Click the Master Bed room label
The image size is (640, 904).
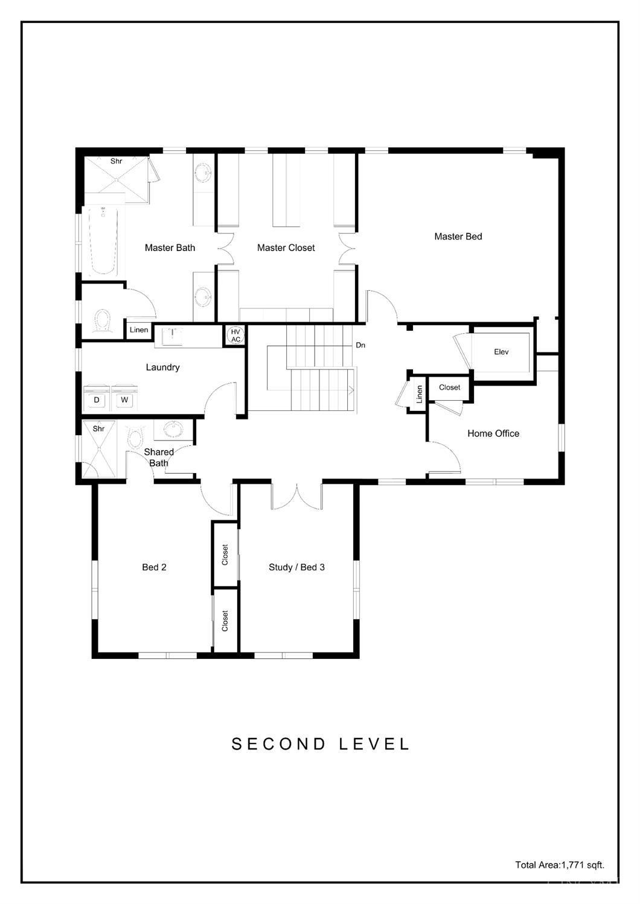pyautogui.click(x=458, y=237)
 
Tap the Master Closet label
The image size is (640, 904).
pyautogui.click(x=286, y=247)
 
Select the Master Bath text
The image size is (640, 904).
pyautogui.click(x=170, y=247)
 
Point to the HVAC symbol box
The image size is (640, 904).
pyautogui.click(x=235, y=336)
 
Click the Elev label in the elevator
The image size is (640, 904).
pyautogui.click(x=501, y=352)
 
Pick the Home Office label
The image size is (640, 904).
pyautogui.click(x=493, y=433)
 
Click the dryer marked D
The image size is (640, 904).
pyautogui.click(x=97, y=399)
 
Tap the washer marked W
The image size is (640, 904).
pyautogui.click(x=124, y=399)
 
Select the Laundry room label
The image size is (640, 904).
pyautogui.click(x=162, y=367)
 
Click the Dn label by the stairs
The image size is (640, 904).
pyautogui.click(x=360, y=345)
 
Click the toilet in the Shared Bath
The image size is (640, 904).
pyautogui.click(x=135, y=438)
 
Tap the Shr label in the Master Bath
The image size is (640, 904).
pyautogui.click(x=116, y=161)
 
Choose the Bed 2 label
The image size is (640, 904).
pyautogui.click(x=154, y=567)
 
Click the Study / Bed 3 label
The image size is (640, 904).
pyautogui.click(x=296, y=567)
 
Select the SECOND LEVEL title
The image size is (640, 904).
pyautogui.click(x=321, y=744)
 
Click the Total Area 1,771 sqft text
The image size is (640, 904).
pyautogui.click(x=559, y=865)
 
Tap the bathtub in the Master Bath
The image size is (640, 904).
pyautogui.click(x=103, y=241)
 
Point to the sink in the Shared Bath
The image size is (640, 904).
pyautogui.click(x=174, y=429)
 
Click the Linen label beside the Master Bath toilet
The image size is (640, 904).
pyautogui.click(x=139, y=329)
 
